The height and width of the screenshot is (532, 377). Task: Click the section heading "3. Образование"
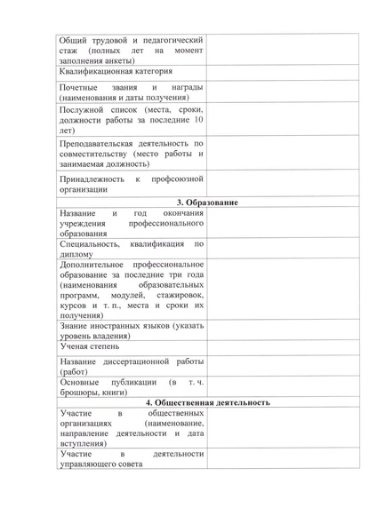[206, 204]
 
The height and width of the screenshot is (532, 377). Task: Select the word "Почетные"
[79, 89]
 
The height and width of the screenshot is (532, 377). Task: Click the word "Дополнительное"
[92, 264]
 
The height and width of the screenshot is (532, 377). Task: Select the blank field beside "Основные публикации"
[282, 385]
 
